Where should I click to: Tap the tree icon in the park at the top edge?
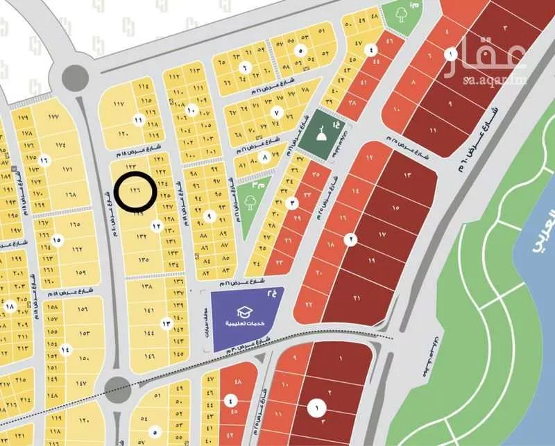[x=400, y=13]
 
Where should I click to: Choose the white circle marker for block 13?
[x=166, y=323]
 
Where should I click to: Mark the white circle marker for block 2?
[x=352, y=240]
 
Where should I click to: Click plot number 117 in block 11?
[x=119, y=105]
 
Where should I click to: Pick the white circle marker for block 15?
[x=57, y=239]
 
